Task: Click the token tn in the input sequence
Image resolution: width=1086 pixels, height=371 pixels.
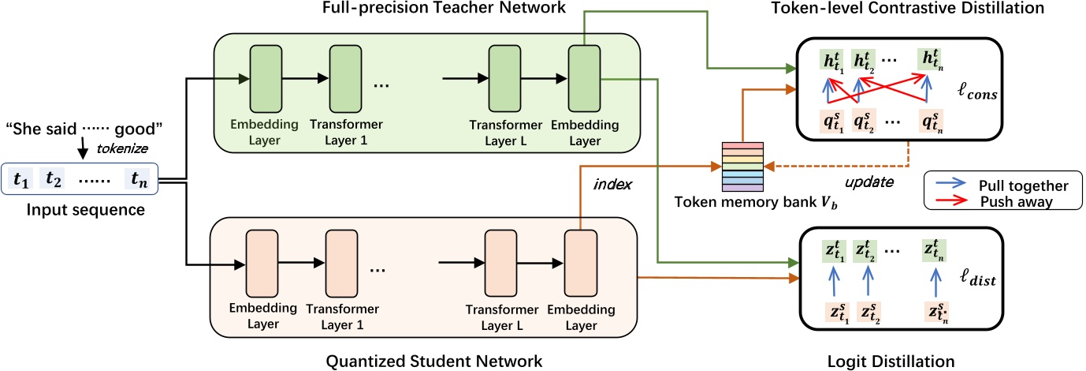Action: (143, 181)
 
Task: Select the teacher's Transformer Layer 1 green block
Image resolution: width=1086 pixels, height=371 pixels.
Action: (344, 78)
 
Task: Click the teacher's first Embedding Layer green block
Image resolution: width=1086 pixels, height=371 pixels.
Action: (264, 78)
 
